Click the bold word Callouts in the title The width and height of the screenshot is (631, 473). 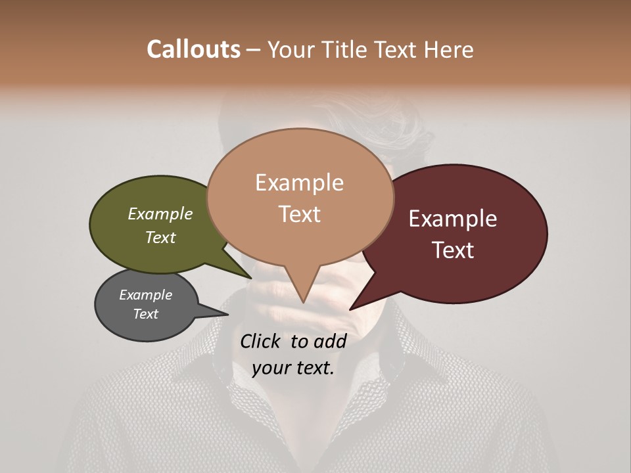pyautogui.click(x=193, y=49)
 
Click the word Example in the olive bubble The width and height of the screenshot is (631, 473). pyautogui.click(x=160, y=214)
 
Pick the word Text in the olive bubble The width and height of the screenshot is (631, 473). pyautogui.click(x=160, y=237)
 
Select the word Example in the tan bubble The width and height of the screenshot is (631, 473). pyautogui.click(x=299, y=183)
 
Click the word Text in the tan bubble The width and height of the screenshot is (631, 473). pyautogui.click(x=299, y=214)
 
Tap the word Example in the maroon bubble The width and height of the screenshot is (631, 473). pyautogui.click(x=453, y=219)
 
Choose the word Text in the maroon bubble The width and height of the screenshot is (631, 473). pyautogui.click(x=453, y=250)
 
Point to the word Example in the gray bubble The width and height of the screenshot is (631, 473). pyautogui.click(x=145, y=295)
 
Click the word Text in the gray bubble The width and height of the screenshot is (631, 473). pyautogui.click(x=145, y=314)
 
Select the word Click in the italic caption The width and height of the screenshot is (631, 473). pyautogui.click(x=261, y=341)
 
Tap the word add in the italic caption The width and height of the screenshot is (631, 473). pyautogui.click(x=330, y=341)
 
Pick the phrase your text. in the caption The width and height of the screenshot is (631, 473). pyautogui.click(x=292, y=368)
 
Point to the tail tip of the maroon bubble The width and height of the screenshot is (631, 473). pyautogui.click(x=350, y=309)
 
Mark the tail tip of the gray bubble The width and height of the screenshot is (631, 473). pyautogui.click(x=227, y=314)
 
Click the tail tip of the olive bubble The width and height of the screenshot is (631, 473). pyautogui.click(x=252, y=278)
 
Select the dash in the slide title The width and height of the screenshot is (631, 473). pyautogui.click(x=254, y=50)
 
